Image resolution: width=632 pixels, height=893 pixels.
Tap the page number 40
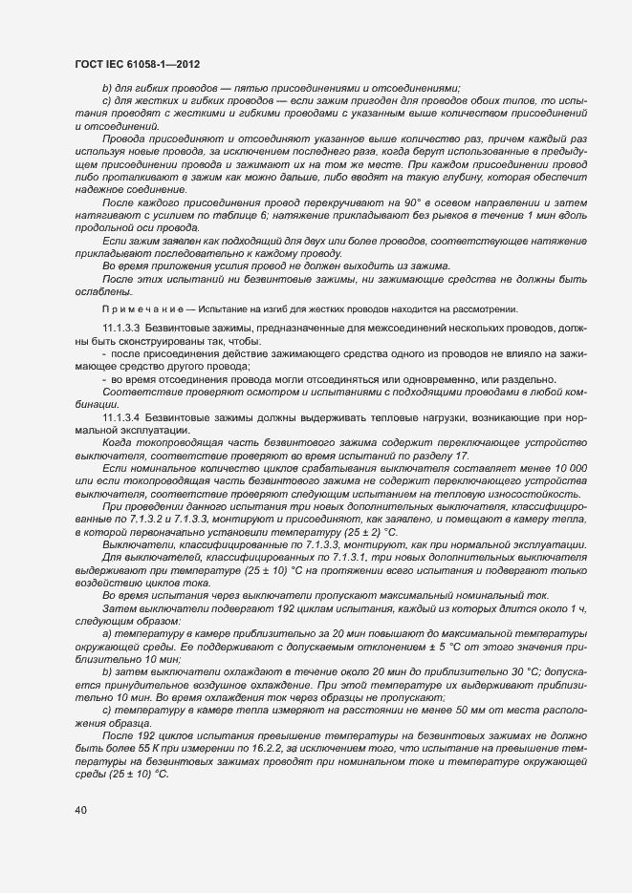80,811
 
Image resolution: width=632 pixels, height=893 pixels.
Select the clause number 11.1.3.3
121,327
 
